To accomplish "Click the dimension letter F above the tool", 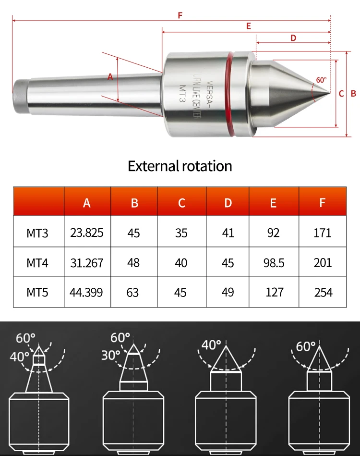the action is [180, 15].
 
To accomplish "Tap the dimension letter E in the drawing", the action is [249, 26].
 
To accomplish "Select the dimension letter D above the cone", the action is [293, 38].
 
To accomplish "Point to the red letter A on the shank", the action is [110, 77].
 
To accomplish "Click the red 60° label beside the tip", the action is [321, 80].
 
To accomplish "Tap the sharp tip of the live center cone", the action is [330, 93].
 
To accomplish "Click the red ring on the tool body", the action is [229, 94].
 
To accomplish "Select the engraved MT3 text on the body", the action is [182, 93].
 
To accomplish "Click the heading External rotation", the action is [180, 166].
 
